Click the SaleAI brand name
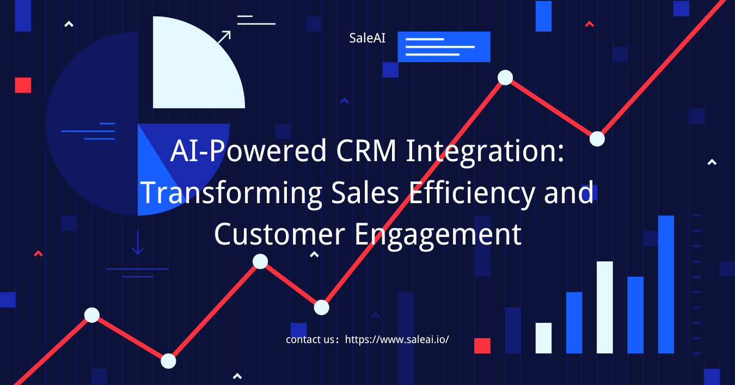pos(367,38)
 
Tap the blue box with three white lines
pos(444,47)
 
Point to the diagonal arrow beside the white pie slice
pos(224,37)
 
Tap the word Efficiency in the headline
pos(472,194)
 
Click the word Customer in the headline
pos(279,234)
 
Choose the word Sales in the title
pos(365,193)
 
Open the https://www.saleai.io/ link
pos(397,339)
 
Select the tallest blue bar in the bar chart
pos(666,284)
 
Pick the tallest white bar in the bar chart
pos(605,307)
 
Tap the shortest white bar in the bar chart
pos(543,338)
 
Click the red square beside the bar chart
pos(482,346)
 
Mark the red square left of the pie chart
pos(23,85)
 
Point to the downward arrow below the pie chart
pos(138,243)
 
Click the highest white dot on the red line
pos(505,77)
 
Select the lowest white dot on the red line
pos(168,361)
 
